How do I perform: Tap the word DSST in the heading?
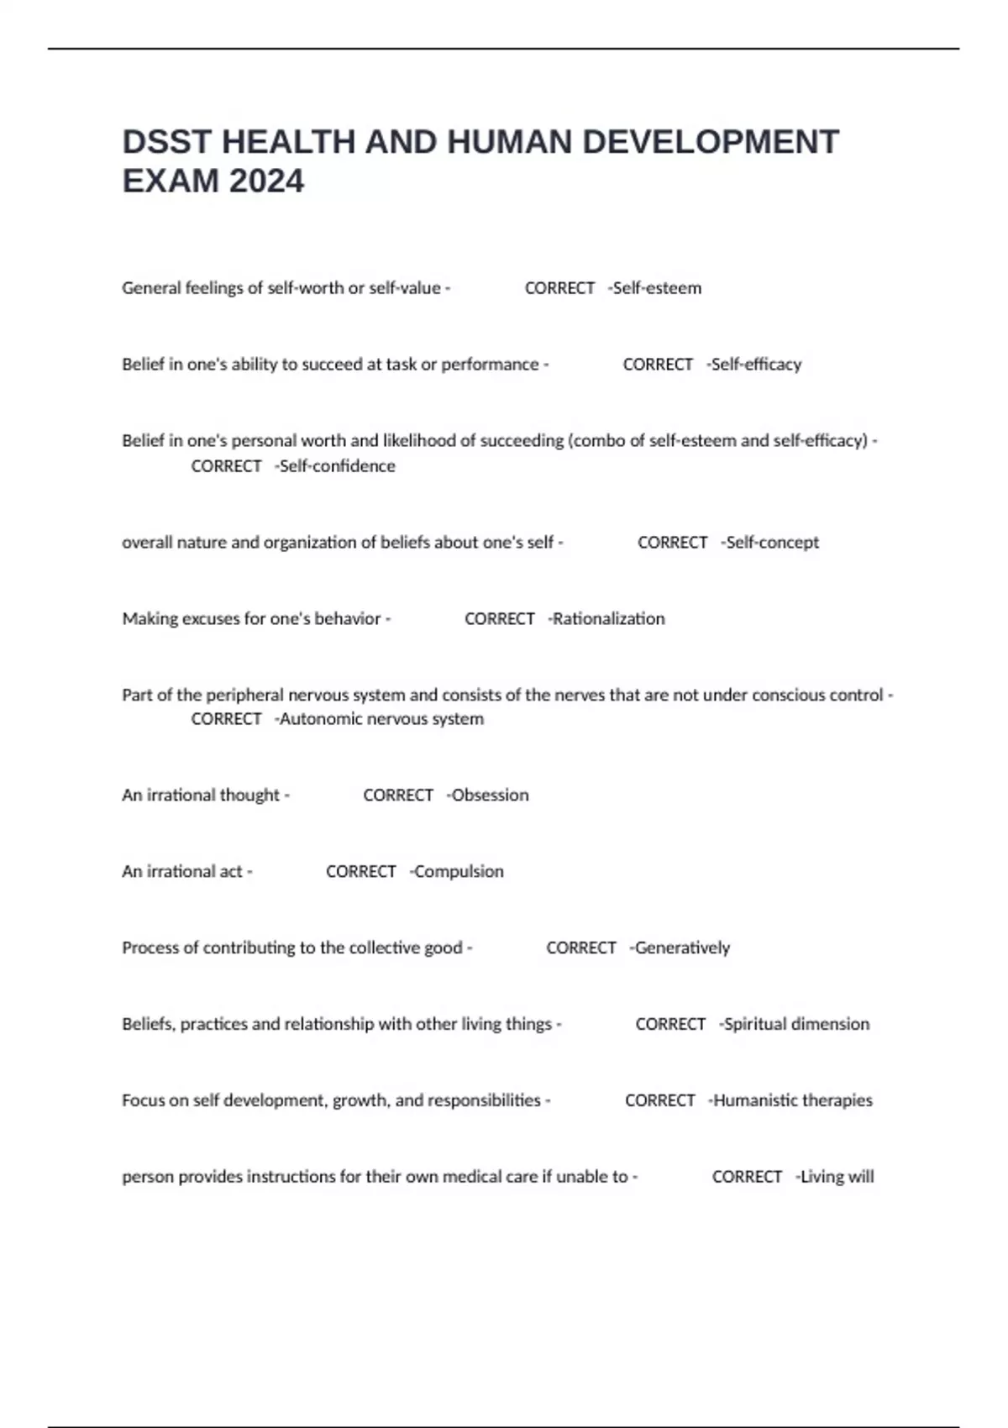click(167, 142)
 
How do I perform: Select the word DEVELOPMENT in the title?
click(711, 142)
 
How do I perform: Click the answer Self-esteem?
click(657, 288)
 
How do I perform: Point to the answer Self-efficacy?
click(756, 365)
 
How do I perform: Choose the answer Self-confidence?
click(337, 466)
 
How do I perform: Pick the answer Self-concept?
click(772, 543)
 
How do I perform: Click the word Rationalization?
click(608, 619)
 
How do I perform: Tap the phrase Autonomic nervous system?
click(381, 719)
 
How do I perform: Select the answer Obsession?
click(490, 795)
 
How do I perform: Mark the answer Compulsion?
click(459, 872)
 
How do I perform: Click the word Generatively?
click(682, 948)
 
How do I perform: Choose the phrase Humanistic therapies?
click(792, 1100)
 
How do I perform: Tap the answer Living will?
click(837, 1177)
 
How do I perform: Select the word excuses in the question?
click(211, 619)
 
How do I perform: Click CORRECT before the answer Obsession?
click(398, 795)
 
